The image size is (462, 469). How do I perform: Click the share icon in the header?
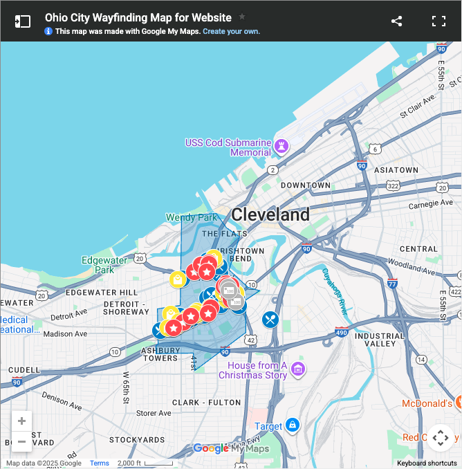[396, 21]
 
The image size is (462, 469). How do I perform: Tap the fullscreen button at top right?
[438, 21]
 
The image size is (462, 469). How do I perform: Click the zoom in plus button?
[21, 421]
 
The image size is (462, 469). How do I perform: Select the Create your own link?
[231, 32]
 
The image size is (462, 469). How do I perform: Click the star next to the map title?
[242, 17]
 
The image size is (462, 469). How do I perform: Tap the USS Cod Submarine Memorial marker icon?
[282, 146]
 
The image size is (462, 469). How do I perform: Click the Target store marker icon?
[293, 424]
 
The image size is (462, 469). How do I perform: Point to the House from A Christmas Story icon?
[298, 369]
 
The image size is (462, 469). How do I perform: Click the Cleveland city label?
[270, 214]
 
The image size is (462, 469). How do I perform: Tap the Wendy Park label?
[192, 217]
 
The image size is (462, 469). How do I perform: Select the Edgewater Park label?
[104, 265]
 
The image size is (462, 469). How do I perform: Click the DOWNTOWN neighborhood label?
[305, 185]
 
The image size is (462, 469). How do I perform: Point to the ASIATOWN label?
[396, 169]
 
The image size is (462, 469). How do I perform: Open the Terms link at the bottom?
[99, 463]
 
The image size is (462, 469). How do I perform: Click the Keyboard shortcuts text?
[427, 463]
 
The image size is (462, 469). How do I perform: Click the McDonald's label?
[427, 403]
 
